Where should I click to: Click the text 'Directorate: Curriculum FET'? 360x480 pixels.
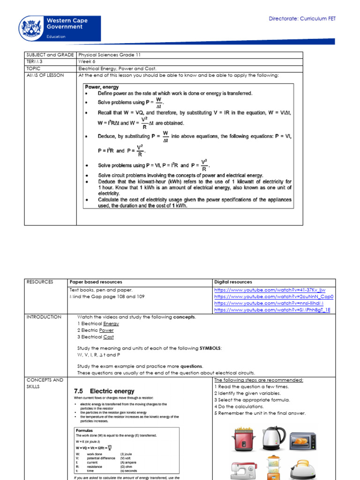302,19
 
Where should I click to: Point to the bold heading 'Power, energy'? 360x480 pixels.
102,87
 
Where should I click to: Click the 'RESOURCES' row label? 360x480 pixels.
40,282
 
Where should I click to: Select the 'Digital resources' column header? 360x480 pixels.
233,282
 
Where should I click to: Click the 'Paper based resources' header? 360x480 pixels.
96,282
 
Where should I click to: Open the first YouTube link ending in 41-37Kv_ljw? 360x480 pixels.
270,290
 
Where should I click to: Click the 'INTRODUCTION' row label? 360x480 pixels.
44,317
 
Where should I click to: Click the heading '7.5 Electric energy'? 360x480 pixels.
104,391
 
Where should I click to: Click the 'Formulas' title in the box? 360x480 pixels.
85,430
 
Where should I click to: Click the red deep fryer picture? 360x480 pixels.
243,440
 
